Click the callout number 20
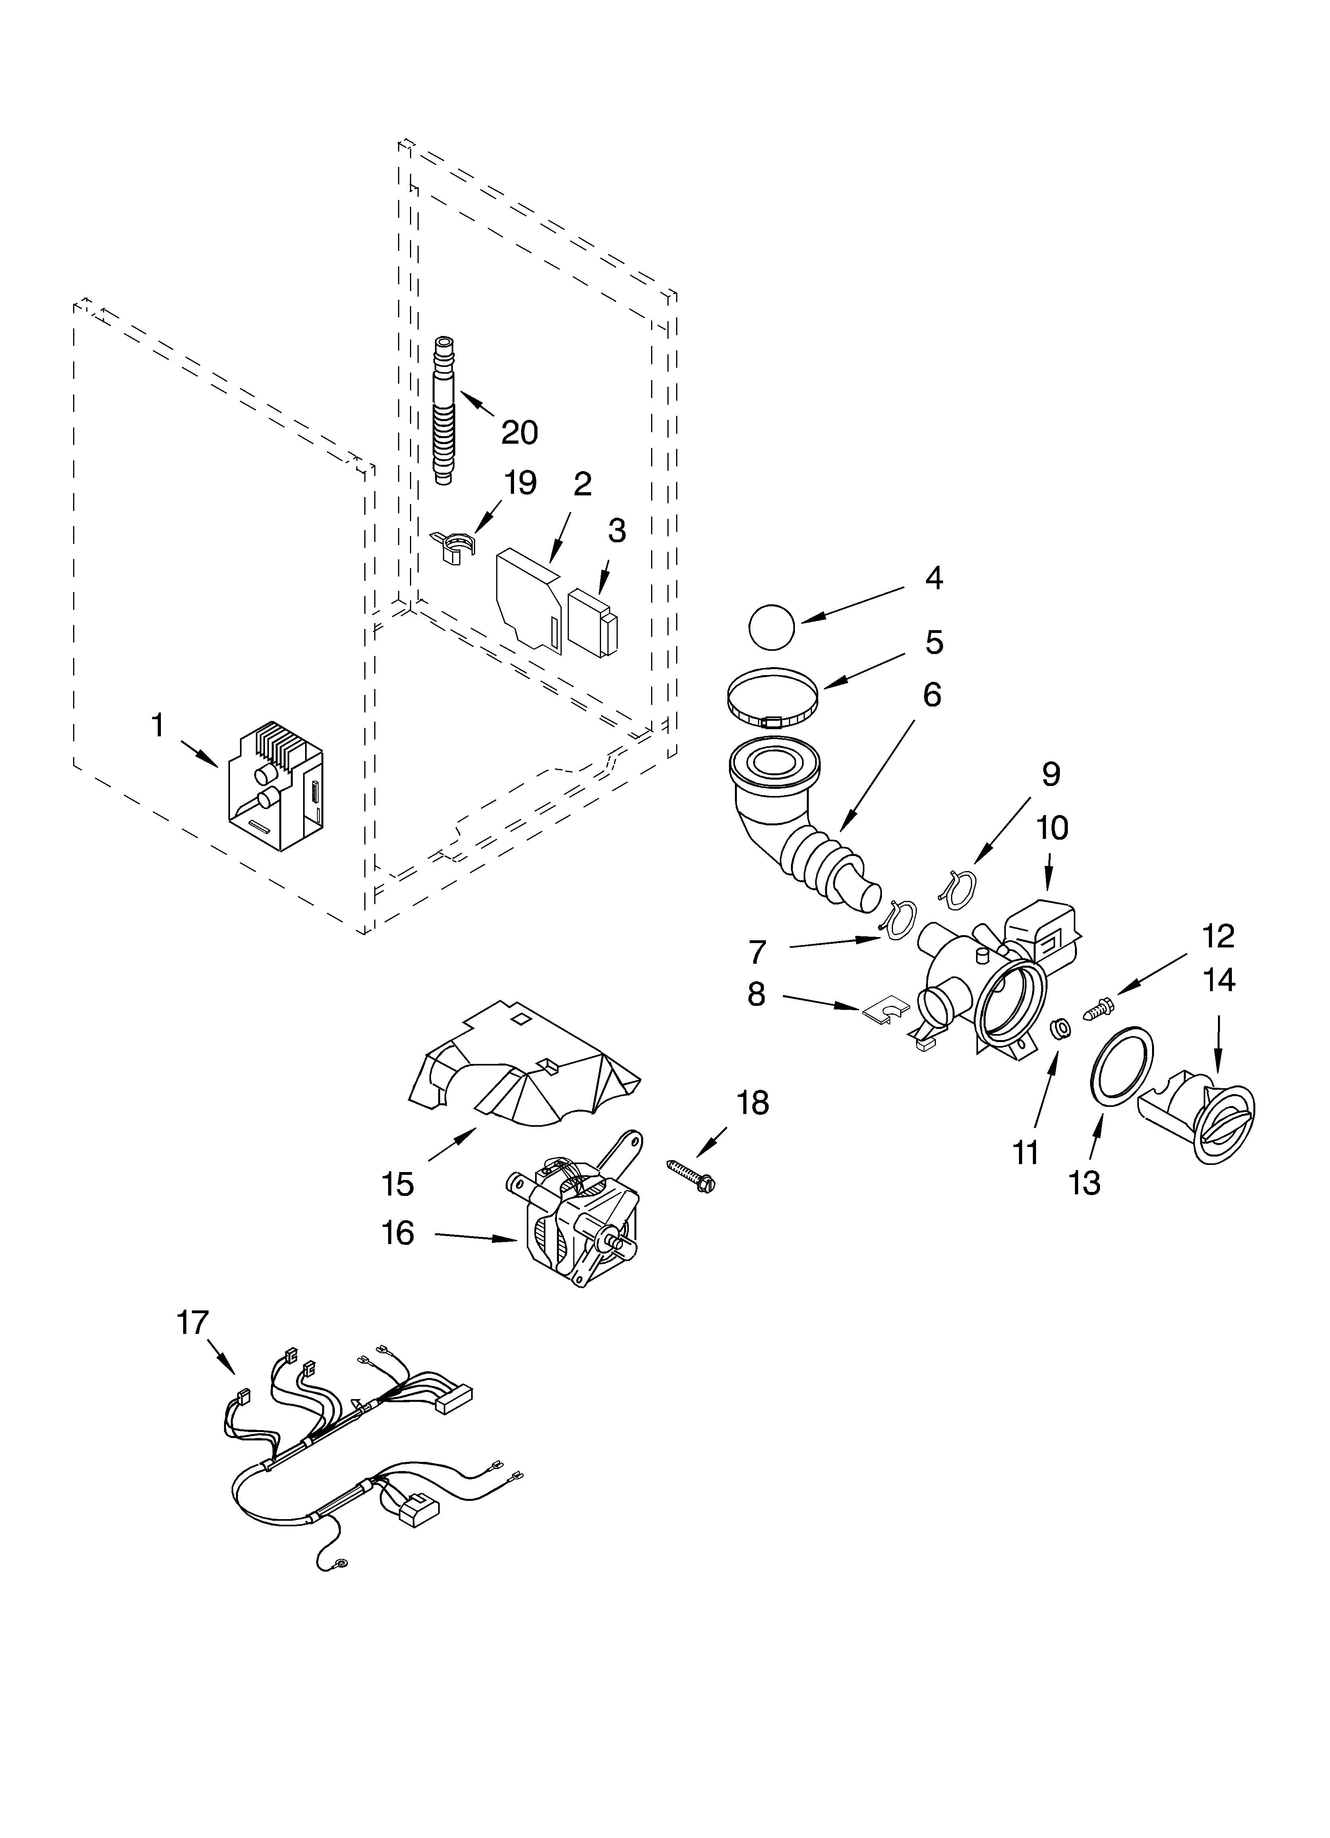(x=519, y=433)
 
